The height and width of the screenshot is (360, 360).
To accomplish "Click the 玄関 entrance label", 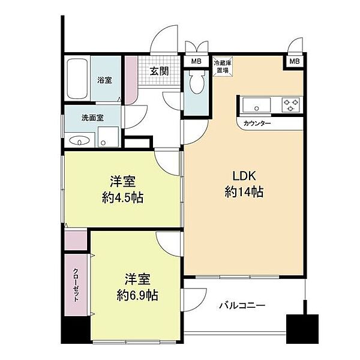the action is (160, 71).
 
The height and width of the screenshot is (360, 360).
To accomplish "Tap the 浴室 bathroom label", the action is (104, 80).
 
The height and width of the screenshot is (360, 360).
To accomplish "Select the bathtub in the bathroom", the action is (77, 79).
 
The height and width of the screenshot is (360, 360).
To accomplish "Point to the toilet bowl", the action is (197, 82).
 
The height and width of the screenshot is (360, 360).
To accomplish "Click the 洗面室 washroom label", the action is (93, 118).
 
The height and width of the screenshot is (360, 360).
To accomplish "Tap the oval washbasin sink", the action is (79, 140).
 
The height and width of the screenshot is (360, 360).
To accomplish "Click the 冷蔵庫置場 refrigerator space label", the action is (223, 67).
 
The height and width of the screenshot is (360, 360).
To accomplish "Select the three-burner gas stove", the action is (291, 104).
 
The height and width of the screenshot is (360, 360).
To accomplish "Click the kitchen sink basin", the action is (256, 105).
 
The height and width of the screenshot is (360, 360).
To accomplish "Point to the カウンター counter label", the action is (257, 124).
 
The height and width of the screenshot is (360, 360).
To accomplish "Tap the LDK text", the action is (244, 176).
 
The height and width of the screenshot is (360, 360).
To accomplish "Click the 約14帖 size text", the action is (244, 192).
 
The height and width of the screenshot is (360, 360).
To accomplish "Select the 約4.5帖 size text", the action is (122, 197).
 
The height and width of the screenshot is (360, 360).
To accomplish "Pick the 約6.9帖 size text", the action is (137, 295).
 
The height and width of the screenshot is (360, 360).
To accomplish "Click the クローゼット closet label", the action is (76, 284).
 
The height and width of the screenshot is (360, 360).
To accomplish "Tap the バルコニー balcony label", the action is (242, 305).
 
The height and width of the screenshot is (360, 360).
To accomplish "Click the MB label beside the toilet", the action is (196, 61).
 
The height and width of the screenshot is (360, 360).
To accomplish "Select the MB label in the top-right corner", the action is (295, 61).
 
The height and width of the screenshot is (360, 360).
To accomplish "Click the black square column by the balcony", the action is (302, 329).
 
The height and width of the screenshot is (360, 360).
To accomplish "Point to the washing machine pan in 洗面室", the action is (108, 137).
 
